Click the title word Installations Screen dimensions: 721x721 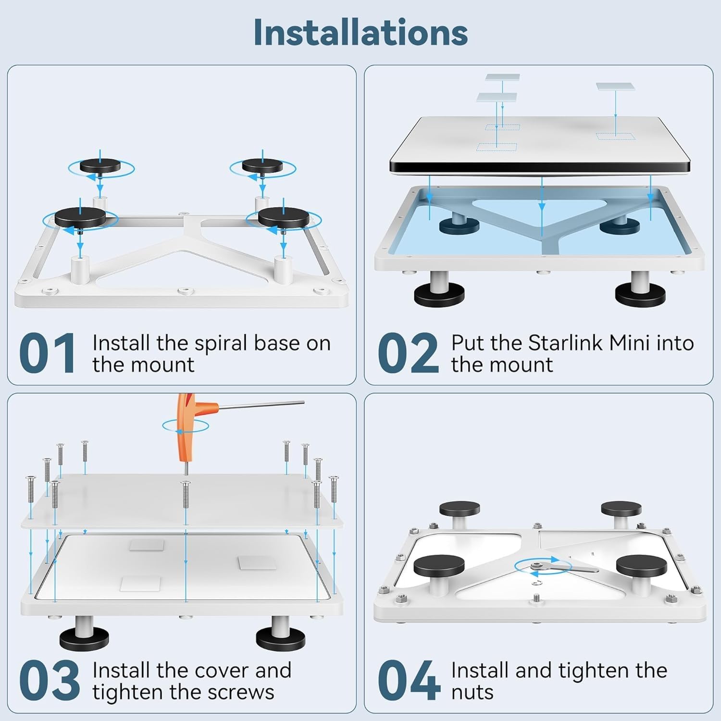point(360,32)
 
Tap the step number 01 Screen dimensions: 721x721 point(47,353)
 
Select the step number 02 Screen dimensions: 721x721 point(408,353)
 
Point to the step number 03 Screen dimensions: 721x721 point(49,680)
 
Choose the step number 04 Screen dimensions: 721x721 point(409,680)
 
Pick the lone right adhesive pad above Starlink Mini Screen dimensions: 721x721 point(615,87)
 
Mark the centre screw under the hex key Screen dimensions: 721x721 point(185,495)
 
